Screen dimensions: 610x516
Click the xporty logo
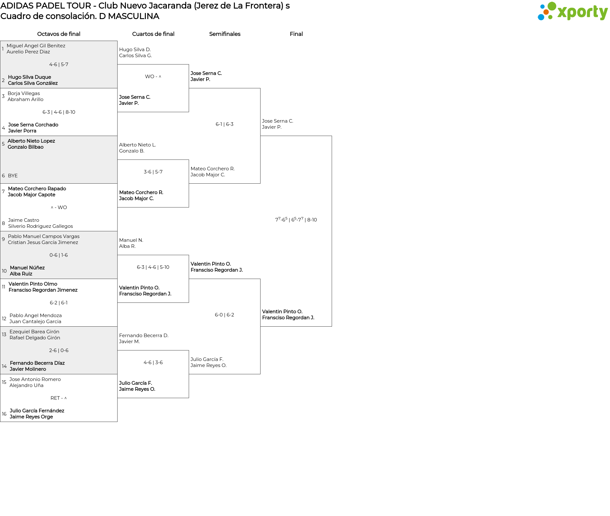pos(573,11)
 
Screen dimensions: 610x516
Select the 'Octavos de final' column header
pos(59,34)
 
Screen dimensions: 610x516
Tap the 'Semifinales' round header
pos(225,34)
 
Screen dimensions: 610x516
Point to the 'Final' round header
pos(296,34)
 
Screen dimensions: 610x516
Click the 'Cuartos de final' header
pos(153,34)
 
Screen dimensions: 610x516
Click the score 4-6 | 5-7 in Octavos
pos(59,64)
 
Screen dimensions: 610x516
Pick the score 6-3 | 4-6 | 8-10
pos(59,112)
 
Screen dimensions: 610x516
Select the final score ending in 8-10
pos(296,220)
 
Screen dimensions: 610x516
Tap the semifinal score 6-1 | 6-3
pos(225,124)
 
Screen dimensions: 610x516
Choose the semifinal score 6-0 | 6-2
pos(225,315)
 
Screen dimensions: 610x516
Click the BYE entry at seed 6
pos(13,176)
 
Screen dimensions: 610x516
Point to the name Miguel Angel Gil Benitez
pos(36,46)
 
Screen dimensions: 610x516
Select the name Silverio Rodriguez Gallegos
pos(41,226)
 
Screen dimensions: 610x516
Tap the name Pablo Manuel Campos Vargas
pos(44,236)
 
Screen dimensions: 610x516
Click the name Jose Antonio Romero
pos(35,379)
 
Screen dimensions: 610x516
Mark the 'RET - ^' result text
pos(59,398)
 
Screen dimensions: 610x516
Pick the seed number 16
pos(4,414)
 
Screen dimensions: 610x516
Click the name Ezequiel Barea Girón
pos(34,332)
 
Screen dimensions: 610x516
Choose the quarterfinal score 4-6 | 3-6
pos(153,363)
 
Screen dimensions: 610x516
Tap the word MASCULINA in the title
pos(133,16)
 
